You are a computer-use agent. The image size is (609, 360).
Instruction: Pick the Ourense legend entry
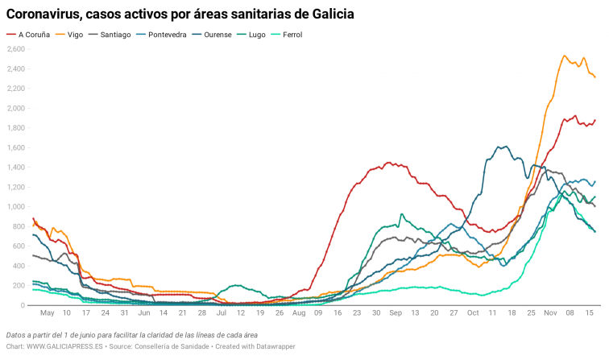(228, 35)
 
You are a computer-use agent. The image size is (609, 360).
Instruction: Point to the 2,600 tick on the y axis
(16, 49)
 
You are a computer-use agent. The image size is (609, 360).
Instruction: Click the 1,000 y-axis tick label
(16, 207)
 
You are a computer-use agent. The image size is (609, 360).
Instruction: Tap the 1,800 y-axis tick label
(16, 128)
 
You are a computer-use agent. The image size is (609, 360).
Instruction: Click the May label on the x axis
(47, 312)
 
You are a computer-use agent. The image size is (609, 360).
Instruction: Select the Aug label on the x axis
(299, 312)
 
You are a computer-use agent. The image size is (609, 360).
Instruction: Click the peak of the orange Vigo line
(565, 56)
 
